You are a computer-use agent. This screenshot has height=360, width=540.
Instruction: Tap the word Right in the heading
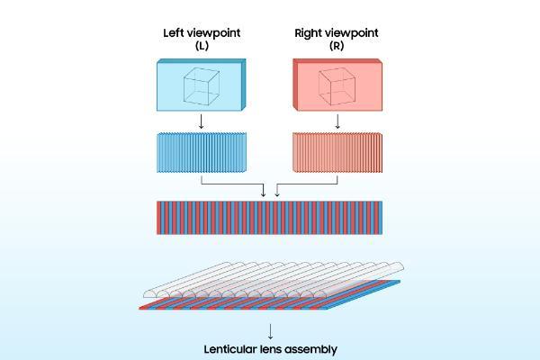tap(309, 33)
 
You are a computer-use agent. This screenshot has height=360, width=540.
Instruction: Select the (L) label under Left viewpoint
tap(202, 47)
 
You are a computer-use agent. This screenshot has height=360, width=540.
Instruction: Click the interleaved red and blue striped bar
tap(269, 217)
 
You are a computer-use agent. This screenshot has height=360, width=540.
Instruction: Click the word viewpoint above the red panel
tap(353, 33)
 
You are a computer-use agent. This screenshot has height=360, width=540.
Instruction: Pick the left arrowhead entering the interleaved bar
tap(263, 193)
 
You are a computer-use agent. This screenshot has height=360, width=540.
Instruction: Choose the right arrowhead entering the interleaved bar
tap(276, 193)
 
